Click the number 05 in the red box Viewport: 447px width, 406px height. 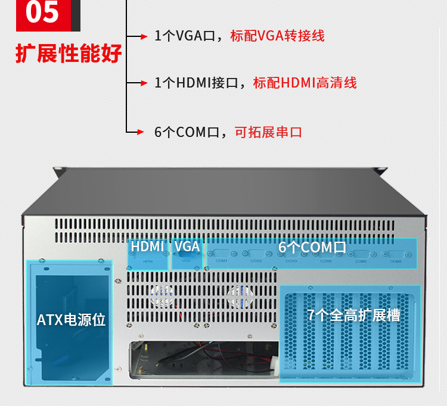[x=42, y=13]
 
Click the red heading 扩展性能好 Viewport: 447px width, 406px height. [x=69, y=53]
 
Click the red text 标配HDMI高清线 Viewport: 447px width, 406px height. [x=305, y=83]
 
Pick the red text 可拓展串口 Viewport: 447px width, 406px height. [x=268, y=132]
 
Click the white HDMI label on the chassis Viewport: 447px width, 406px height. [x=147, y=246]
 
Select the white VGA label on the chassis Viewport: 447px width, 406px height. [x=187, y=246]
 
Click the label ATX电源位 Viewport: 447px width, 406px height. [x=71, y=320]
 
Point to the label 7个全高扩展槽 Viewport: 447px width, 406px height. [x=353, y=315]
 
